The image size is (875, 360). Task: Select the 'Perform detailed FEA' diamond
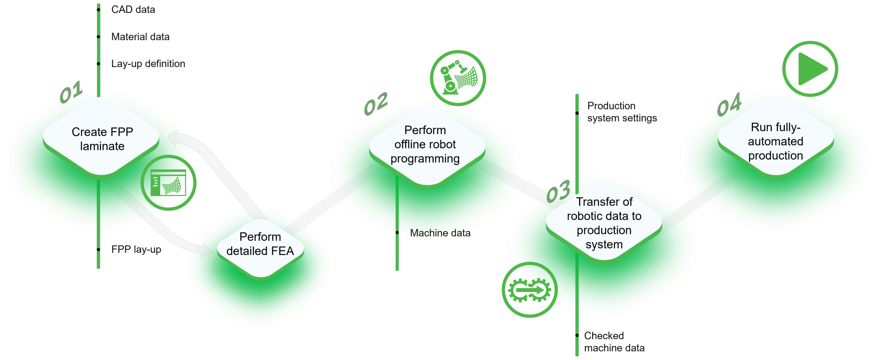click(260, 244)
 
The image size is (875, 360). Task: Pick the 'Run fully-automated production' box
click(775, 141)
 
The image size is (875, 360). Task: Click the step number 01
click(71, 92)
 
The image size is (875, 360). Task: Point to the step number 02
click(376, 104)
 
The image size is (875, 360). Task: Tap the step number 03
click(558, 191)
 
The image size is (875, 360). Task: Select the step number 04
click(729, 104)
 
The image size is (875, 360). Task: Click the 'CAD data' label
click(133, 9)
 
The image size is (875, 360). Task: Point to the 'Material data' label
click(140, 37)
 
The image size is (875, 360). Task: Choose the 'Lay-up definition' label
click(148, 64)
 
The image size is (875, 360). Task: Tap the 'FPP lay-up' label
click(136, 249)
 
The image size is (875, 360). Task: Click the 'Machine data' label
click(440, 233)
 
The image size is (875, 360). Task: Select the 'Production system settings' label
click(622, 112)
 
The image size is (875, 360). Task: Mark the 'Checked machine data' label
click(614, 342)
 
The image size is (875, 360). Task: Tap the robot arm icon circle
click(458, 78)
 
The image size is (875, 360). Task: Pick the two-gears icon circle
click(529, 290)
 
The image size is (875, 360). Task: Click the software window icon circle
click(168, 183)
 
